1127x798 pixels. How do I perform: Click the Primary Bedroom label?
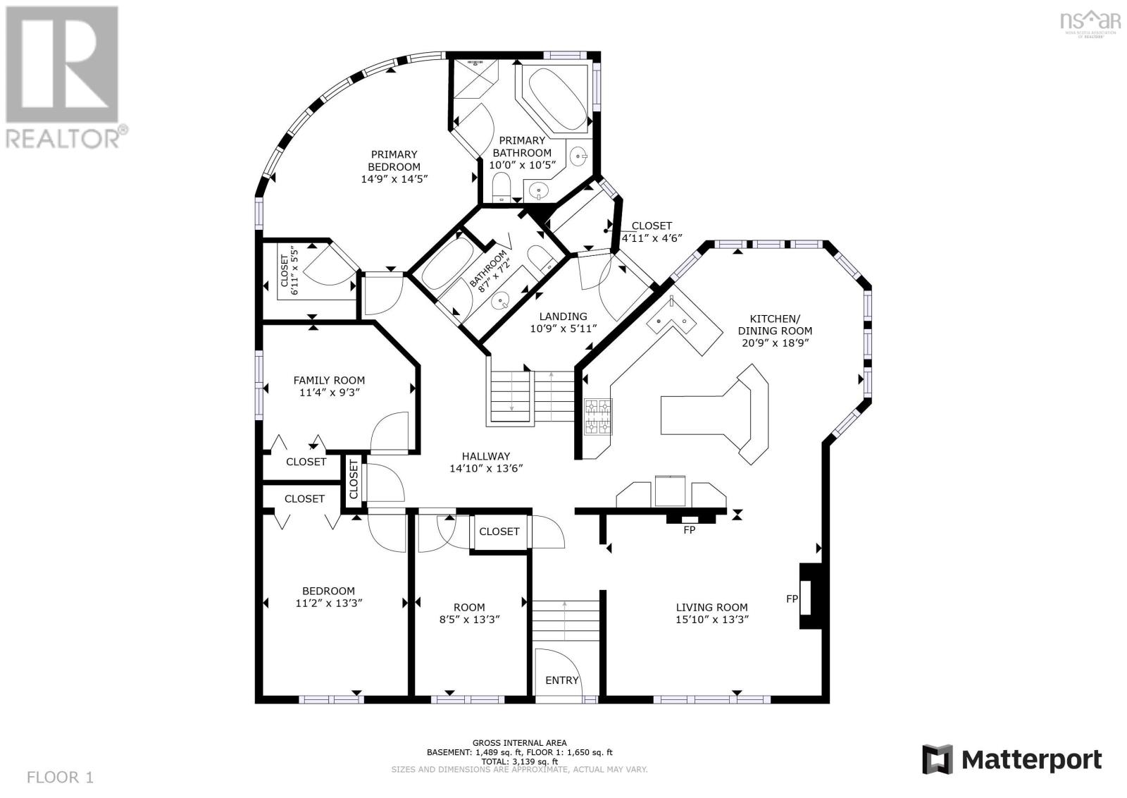394,161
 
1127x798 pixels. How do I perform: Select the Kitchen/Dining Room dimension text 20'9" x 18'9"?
775,343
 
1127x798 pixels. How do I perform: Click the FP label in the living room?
792,598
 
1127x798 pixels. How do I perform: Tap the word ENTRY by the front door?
562,680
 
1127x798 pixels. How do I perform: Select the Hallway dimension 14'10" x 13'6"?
486,468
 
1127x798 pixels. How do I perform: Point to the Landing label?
563,317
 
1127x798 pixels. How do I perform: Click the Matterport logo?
1012,760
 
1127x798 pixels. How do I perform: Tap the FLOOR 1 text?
61,778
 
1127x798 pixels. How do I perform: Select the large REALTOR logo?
66,78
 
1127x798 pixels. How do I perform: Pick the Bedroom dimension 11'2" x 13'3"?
329,603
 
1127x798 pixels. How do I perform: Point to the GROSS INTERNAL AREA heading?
519,742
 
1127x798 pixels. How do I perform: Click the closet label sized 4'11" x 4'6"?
652,232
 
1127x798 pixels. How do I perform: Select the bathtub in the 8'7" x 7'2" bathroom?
447,264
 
